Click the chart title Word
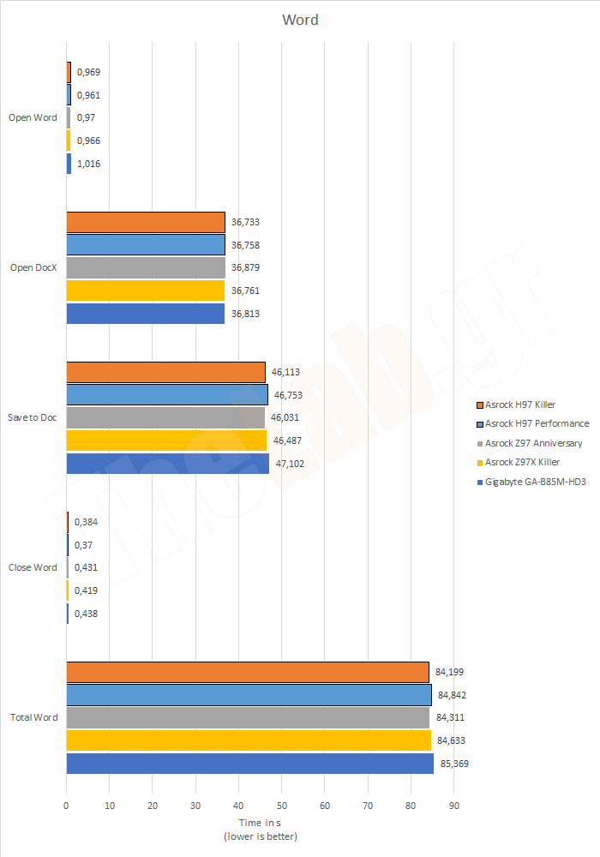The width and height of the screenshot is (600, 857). (300, 20)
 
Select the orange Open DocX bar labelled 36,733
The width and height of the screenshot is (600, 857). (146, 222)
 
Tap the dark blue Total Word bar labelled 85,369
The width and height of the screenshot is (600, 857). (249, 763)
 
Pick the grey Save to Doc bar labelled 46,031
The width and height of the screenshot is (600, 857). (165, 417)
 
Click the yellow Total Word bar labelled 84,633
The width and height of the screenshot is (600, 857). (249, 740)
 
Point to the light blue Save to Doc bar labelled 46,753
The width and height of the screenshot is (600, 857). (167, 394)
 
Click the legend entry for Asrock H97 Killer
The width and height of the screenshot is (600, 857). (520, 405)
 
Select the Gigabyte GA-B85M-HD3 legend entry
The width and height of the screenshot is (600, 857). (533, 482)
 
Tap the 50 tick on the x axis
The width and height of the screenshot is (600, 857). (282, 806)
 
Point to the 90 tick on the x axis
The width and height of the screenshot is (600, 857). (454, 806)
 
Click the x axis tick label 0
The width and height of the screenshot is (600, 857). (66, 806)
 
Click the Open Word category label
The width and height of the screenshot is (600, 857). (33, 118)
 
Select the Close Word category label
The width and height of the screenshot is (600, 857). (33, 567)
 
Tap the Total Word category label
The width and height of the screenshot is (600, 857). (33, 717)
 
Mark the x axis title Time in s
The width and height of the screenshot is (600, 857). (261, 822)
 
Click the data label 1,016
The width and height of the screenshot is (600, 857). (89, 164)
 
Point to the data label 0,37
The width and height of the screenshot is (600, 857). (84, 545)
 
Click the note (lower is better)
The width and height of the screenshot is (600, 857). (261, 836)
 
